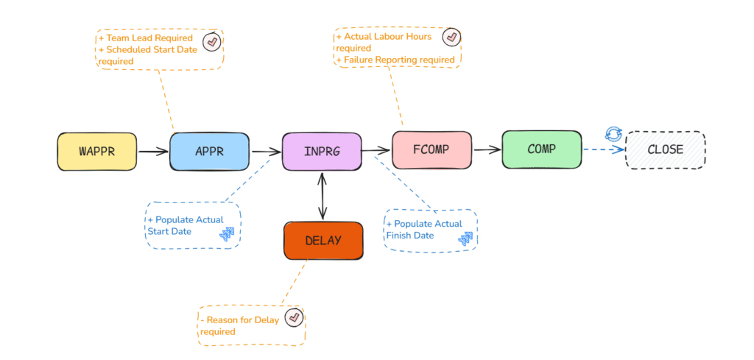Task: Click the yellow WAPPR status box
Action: pos(97,152)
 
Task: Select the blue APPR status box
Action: pos(209,152)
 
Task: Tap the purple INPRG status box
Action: pos(322,152)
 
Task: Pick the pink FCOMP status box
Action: pos(431,149)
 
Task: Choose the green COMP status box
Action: pos(541,149)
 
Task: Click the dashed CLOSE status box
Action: pos(665,149)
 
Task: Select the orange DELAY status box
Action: pos(323,240)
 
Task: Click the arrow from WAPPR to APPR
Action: pos(153,152)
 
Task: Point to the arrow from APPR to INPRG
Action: pos(267,152)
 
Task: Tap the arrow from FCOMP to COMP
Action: pos(487,150)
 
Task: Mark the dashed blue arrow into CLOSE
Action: pos(604,149)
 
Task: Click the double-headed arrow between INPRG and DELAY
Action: pos(323,196)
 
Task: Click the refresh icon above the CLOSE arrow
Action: pos(613,134)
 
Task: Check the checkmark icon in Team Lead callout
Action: pos(212,42)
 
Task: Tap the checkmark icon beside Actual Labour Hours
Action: pos(451,37)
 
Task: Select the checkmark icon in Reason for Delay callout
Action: pos(294,317)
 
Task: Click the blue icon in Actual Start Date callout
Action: pos(227,233)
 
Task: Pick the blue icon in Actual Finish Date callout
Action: pos(465,239)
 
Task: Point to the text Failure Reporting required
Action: pos(395,60)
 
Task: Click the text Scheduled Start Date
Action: pos(152,49)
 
